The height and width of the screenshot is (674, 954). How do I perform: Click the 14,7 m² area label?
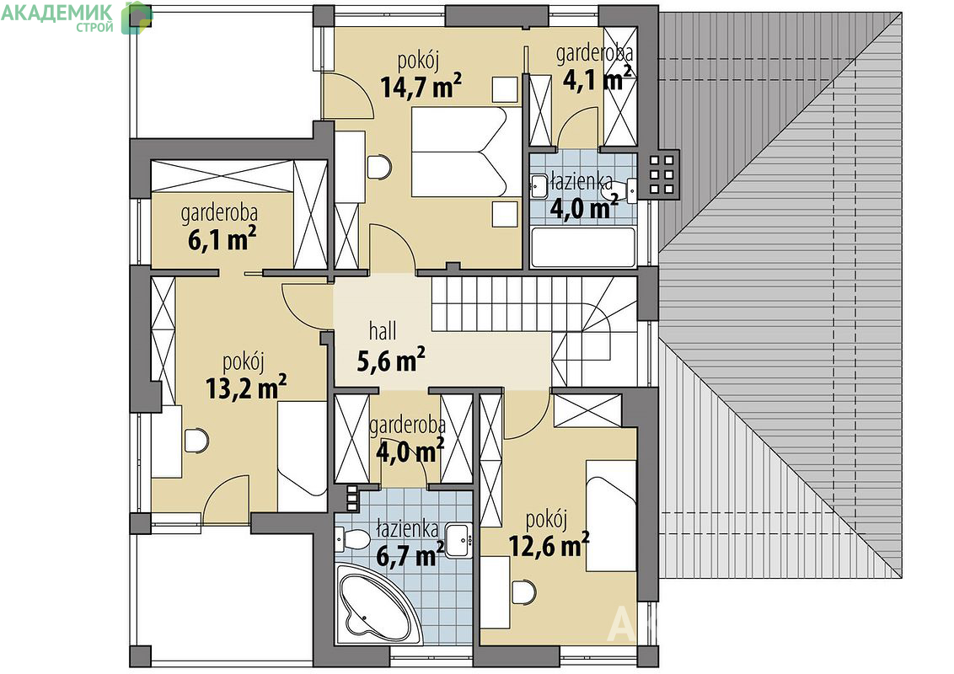[x=421, y=86]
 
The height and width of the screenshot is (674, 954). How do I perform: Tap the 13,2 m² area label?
[x=246, y=388]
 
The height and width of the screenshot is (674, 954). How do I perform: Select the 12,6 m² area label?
[x=548, y=545]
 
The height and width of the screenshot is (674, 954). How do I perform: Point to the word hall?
[x=383, y=331]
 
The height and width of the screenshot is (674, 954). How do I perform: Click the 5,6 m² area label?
[x=390, y=361]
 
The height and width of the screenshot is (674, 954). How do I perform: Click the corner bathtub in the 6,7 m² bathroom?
[x=372, y=600]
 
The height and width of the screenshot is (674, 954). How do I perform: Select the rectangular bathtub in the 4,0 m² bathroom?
[x=583, y=247]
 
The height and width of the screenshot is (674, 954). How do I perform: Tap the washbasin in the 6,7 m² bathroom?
[x=458, y=539]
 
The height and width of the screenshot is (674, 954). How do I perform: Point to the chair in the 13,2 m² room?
[x=196, y=440]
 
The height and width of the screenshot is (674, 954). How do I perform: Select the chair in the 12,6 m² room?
[x=524, y=591]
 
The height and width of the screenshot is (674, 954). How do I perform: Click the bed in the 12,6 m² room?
[x=611, y=516]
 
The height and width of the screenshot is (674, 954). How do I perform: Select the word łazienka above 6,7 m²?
[x=407, y=529]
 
